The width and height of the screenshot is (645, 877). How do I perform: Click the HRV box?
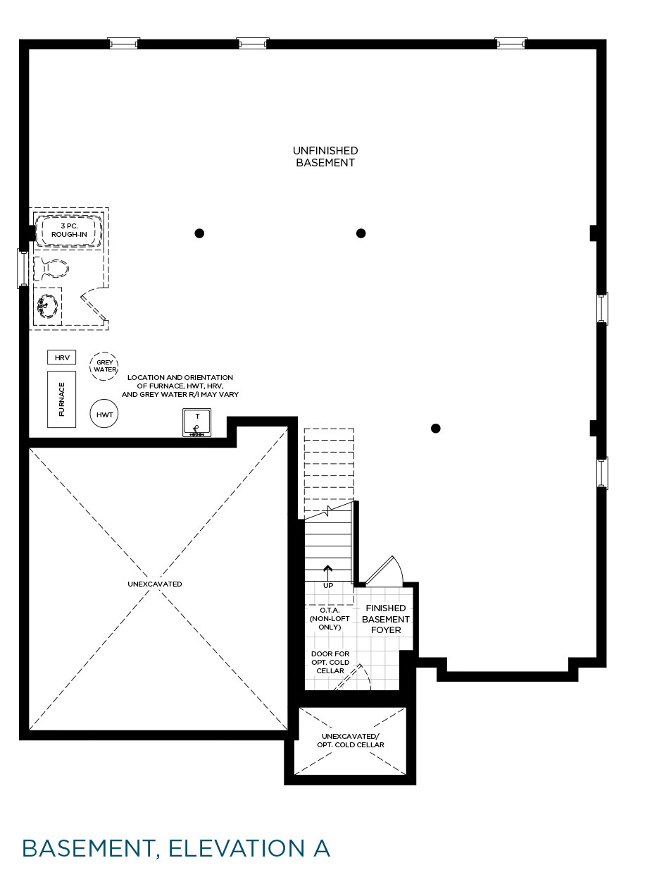pyautogui.click(x=62, y=357)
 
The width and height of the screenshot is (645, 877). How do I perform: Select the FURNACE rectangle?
pyautogui.click(x=62, y=399)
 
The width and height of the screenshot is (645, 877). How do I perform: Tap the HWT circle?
pyautogui.click(x=104, y=415)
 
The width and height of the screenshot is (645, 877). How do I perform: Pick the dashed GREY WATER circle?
pyautogui.click(x=104, y=366)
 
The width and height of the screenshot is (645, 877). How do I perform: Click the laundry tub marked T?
pyautogui.click(x=196, y=422)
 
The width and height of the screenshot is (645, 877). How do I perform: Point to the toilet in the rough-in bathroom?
pyautogui.click(x=51, y=269)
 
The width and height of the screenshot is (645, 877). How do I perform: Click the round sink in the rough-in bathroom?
pyautogui.click(x=48, y=306)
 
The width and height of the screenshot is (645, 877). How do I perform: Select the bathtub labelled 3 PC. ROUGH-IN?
pyautogui.click(x=69, y=231)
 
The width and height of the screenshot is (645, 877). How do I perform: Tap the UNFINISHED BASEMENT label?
pyautogui.click(x=325, y=157)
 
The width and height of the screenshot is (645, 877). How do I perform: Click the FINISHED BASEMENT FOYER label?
pyautogui.click(x=386, y=619)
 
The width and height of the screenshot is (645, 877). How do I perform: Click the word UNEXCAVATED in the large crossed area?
pyautogui.click(x=155, y=584)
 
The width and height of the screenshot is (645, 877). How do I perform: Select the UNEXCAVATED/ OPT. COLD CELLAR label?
pyautogui.click(x=351, y=740)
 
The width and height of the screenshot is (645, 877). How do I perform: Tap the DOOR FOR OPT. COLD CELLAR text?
pyautogui.click(x=330, y=662)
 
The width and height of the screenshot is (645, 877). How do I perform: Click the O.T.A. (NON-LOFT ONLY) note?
pyautogui.click(x=330, y=618)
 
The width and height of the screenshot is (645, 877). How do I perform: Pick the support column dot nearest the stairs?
pyautogui.click(x=436, y=429)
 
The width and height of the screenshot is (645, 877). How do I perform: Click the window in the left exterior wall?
pyautogui.click(x=23, y=269)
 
